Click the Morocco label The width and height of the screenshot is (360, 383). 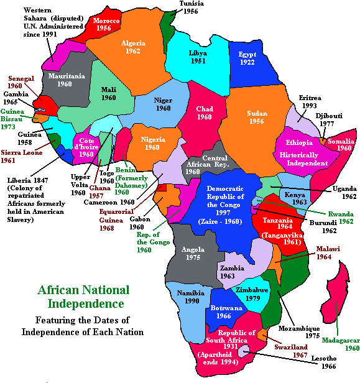[x=106, y=21]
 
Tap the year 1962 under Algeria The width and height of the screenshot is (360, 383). [x=132, y=51]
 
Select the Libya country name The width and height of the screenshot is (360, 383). [x=198, y=53]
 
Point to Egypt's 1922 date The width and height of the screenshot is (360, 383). [x=247, y=62]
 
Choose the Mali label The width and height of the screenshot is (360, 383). [x=109, y=89]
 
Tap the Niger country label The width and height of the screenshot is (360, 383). [x=163, y=99]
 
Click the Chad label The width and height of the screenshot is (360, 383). [x=205, y=109]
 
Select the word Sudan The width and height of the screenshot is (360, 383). [x=257, y=113]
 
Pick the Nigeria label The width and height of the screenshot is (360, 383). [x=152, y=139]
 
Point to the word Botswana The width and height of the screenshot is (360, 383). [x=224, y=307]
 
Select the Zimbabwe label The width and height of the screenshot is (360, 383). [x=252, y=290]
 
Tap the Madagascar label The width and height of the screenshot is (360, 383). [x=341, y=340]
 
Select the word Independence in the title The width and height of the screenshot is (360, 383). [x=86, y=304]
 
